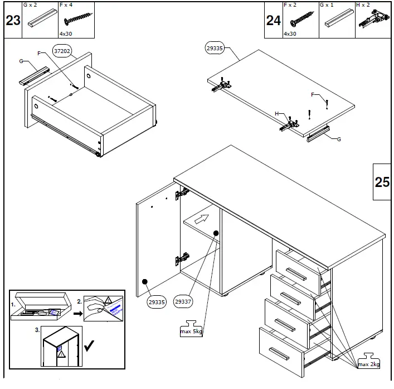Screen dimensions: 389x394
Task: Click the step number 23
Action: tap(12, 21)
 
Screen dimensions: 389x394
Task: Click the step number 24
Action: tap(273, 21)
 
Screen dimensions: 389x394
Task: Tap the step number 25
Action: tap(382, 182)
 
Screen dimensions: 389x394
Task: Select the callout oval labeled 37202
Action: tap(62, 51)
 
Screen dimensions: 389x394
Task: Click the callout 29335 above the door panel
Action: tap(215, 48)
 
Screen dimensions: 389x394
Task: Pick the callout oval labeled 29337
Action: tap(183, 302)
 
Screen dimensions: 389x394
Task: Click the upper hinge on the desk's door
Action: tap(182, 194)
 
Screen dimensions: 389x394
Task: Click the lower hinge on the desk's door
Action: tap(182, 258)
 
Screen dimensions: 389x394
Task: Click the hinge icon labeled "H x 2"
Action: tap(373, 20)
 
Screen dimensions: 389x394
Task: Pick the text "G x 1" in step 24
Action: tap(327, 5)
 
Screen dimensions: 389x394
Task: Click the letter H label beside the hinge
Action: tap(276, 114)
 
